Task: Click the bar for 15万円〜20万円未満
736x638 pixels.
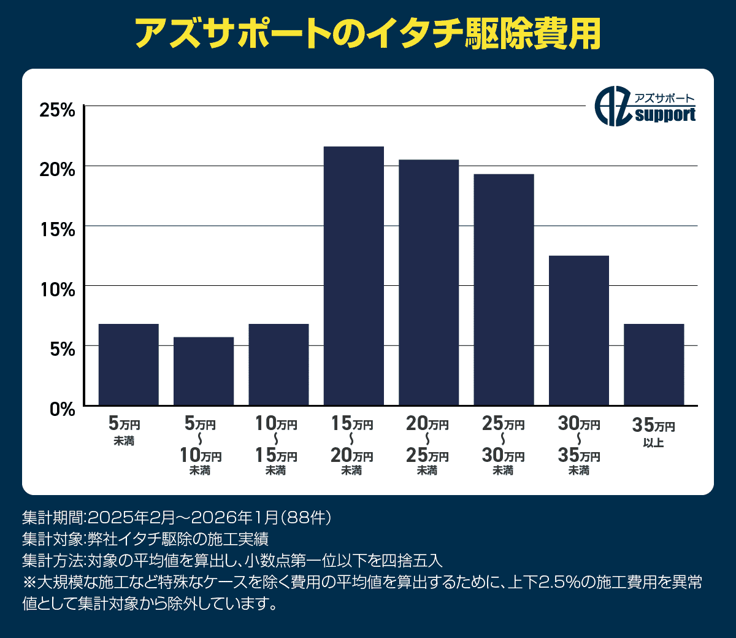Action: [354, 276]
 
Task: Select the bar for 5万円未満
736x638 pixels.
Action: [129, 364]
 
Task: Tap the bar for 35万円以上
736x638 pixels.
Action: [654, 364]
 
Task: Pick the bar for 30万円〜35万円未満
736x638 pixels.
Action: [579, 331]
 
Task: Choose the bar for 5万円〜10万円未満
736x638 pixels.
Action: [204, 371]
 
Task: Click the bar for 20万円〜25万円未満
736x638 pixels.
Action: [429, 283]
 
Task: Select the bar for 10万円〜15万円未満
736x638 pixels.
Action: [278, 364]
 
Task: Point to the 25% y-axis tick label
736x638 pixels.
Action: [57, 110]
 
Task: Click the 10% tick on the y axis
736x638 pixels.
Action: [57, 289]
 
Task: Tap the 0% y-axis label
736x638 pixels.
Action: [62, 409]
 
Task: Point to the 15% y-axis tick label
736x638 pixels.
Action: [57, 229]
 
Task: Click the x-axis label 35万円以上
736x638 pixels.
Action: [654, 433]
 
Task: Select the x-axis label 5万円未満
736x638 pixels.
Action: [125, 432]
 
